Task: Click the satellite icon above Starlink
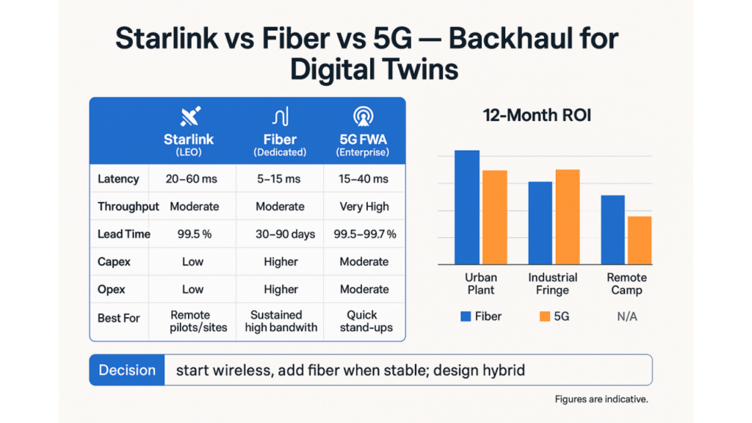(x=190, y=116)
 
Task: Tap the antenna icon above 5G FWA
(x=362, y=117)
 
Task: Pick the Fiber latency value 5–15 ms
(x=280, y=179)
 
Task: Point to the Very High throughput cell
(x=364, y=206)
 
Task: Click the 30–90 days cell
(x=280, y=234)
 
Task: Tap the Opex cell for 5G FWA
(x=364, y=289)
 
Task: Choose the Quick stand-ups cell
(x=364, y=320)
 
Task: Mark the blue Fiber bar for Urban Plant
(x=467, y=207)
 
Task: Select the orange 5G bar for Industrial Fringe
(x=567, y=217)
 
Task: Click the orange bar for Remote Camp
(x=640, y=240)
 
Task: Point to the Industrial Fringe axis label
(x=552, y=283)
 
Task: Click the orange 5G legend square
(x=544, y=317)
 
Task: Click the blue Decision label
(x=127, y=370)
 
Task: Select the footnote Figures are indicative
(x=601, y=399)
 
